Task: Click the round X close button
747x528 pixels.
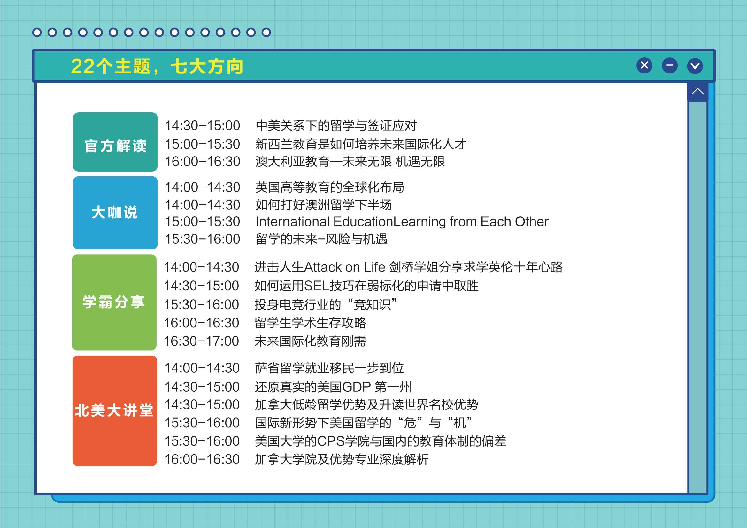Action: pos(644,66)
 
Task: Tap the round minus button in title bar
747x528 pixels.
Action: pos(670,66)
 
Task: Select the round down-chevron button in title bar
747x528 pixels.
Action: pos(695,66)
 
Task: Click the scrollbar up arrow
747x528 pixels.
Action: pos(697,91)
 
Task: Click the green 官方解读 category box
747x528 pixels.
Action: pos(115,142)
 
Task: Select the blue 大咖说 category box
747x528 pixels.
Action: pos(115,213)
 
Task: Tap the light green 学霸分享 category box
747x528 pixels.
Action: pos(114,302)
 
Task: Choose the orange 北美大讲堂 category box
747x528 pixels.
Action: pos(114,410)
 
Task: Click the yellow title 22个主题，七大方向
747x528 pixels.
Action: pos(157,67)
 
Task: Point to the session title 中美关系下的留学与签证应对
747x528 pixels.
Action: pos(336,126)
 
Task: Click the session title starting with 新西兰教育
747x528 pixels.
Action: pos(361,144)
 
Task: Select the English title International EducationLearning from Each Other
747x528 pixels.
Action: pos(402,222)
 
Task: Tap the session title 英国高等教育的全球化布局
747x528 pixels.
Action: pos(330,187)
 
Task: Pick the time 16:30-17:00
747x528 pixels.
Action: pos(201,341)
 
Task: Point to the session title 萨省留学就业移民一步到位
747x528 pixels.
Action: pos(329,368)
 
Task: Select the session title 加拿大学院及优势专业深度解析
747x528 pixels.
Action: pos(342,459)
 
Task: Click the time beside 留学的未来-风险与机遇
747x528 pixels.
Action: pos(202,239)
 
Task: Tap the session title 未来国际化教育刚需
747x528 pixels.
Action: pos(310,341)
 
